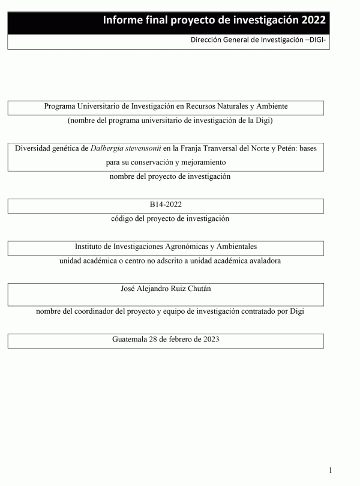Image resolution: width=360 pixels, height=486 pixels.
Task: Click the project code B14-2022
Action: (x=166, y=205)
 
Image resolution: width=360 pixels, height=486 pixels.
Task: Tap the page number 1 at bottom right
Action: (x=331, y=470)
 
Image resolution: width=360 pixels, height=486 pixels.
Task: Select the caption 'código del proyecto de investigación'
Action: (x=170, y=219)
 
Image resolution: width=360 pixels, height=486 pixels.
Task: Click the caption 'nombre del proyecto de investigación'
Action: (x=170, y=176)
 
